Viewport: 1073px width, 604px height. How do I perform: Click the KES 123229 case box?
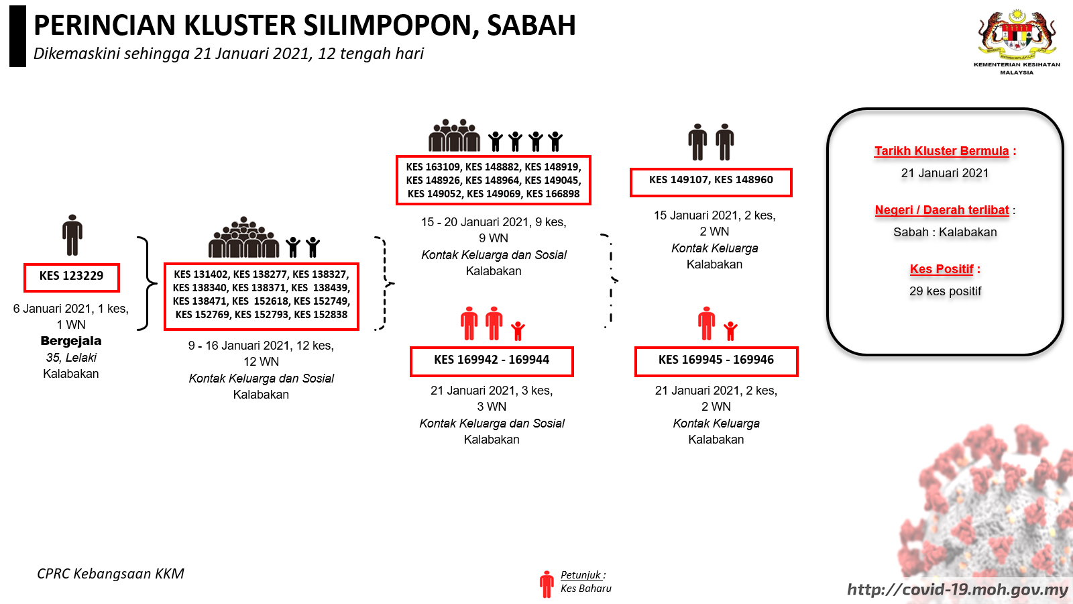pyautogui.click(x=71, y=277)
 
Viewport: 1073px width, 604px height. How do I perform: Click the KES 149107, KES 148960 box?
pyautogui.click(x=711, y=182)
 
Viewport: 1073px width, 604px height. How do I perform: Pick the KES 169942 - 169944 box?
pyautogui.click(x=492, y=361)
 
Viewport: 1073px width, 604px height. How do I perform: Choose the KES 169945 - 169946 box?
pyautogui.click(x=716, y=361)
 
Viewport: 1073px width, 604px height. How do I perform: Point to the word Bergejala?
pyautogui.click(x=71, y=341)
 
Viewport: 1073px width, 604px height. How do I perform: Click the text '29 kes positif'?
pyautogui.click(x=945, y=291)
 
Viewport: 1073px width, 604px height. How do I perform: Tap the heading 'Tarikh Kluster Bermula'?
pyautogui.click(x=942, y=151)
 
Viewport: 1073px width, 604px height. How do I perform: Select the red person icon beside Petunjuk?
pyautogui.click(x=547, y=584)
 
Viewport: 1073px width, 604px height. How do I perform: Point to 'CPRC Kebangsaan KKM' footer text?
pyautogui.click(x=111, y=574)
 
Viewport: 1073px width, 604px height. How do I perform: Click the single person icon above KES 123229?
pyautogui.click(x=72, y=235)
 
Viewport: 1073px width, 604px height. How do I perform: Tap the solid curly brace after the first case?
pyautogui.click(x=147, y=283)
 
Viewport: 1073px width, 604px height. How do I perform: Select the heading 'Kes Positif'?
pyautogui.click(x=942, y=269)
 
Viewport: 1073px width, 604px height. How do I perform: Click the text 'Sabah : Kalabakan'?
pyautogui.click(x=945, y=232)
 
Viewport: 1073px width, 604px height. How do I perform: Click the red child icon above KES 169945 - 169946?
pyautogui.click(x=730, y=331)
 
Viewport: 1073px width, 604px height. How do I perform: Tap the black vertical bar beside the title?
pyautogui.click(x=17, y=36)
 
